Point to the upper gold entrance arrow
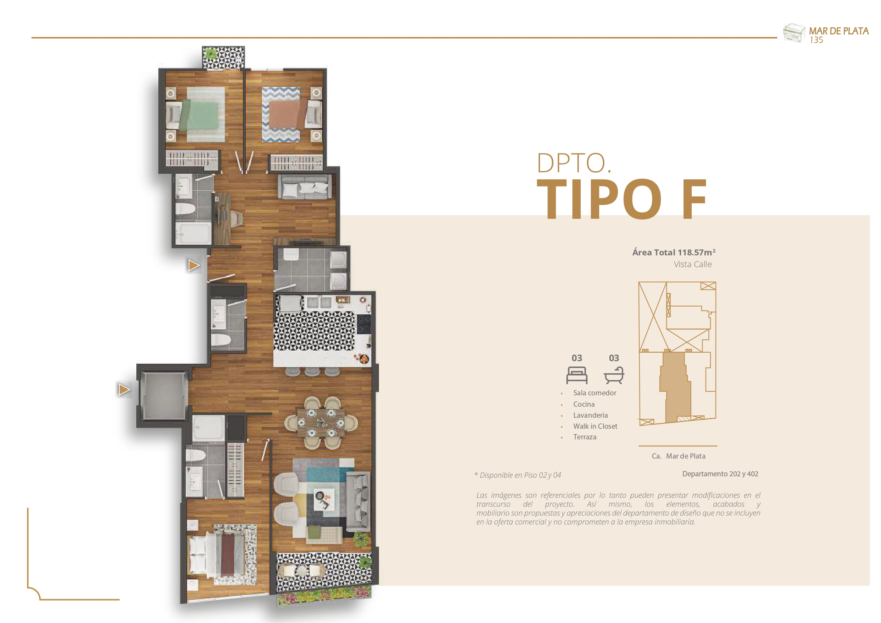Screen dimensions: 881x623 (x=194, y=265)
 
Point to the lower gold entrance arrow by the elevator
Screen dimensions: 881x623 (x=124, y=390)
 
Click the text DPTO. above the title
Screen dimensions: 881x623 (x=573, y=163)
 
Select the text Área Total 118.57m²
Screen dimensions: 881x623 (x=674, y=252)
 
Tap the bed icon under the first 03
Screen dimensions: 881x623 (x=577, y=375)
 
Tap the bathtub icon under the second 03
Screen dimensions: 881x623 (x=614, y=375)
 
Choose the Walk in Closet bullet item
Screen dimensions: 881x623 (x=595, y=426)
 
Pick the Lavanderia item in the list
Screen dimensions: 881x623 (x=591, y=415)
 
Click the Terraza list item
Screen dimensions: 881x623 (x=585, y=437)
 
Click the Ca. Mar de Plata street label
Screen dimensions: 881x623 (x=678, y=456)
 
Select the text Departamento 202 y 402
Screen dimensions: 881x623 (x=720, y=474)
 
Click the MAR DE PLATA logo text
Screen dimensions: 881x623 (x=839, y=31)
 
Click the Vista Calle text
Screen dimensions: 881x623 (x=692, y=264)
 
